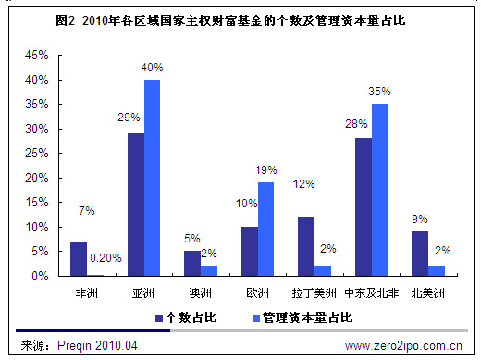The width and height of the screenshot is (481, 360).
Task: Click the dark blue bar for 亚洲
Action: click(x=135, y=205)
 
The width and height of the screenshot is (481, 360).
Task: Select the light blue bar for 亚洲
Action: click(x=152, y=178)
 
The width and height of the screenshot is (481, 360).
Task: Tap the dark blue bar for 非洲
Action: click(x=79, y=258)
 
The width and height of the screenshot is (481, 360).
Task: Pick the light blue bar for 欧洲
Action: click(x=266, y=229)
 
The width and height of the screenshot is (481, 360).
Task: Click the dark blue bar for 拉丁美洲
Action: click(x=306, y=246)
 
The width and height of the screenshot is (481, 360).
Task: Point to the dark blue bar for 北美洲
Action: click(x=419, y=254)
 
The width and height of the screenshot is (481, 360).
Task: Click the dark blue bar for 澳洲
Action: click(x=191, y=263)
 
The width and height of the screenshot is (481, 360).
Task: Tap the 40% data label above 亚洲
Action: click(x=152, y=67)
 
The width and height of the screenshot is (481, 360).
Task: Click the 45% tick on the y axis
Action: click(x=37, y=56)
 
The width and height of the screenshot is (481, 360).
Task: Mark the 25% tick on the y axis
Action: click(x=37, y=154)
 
